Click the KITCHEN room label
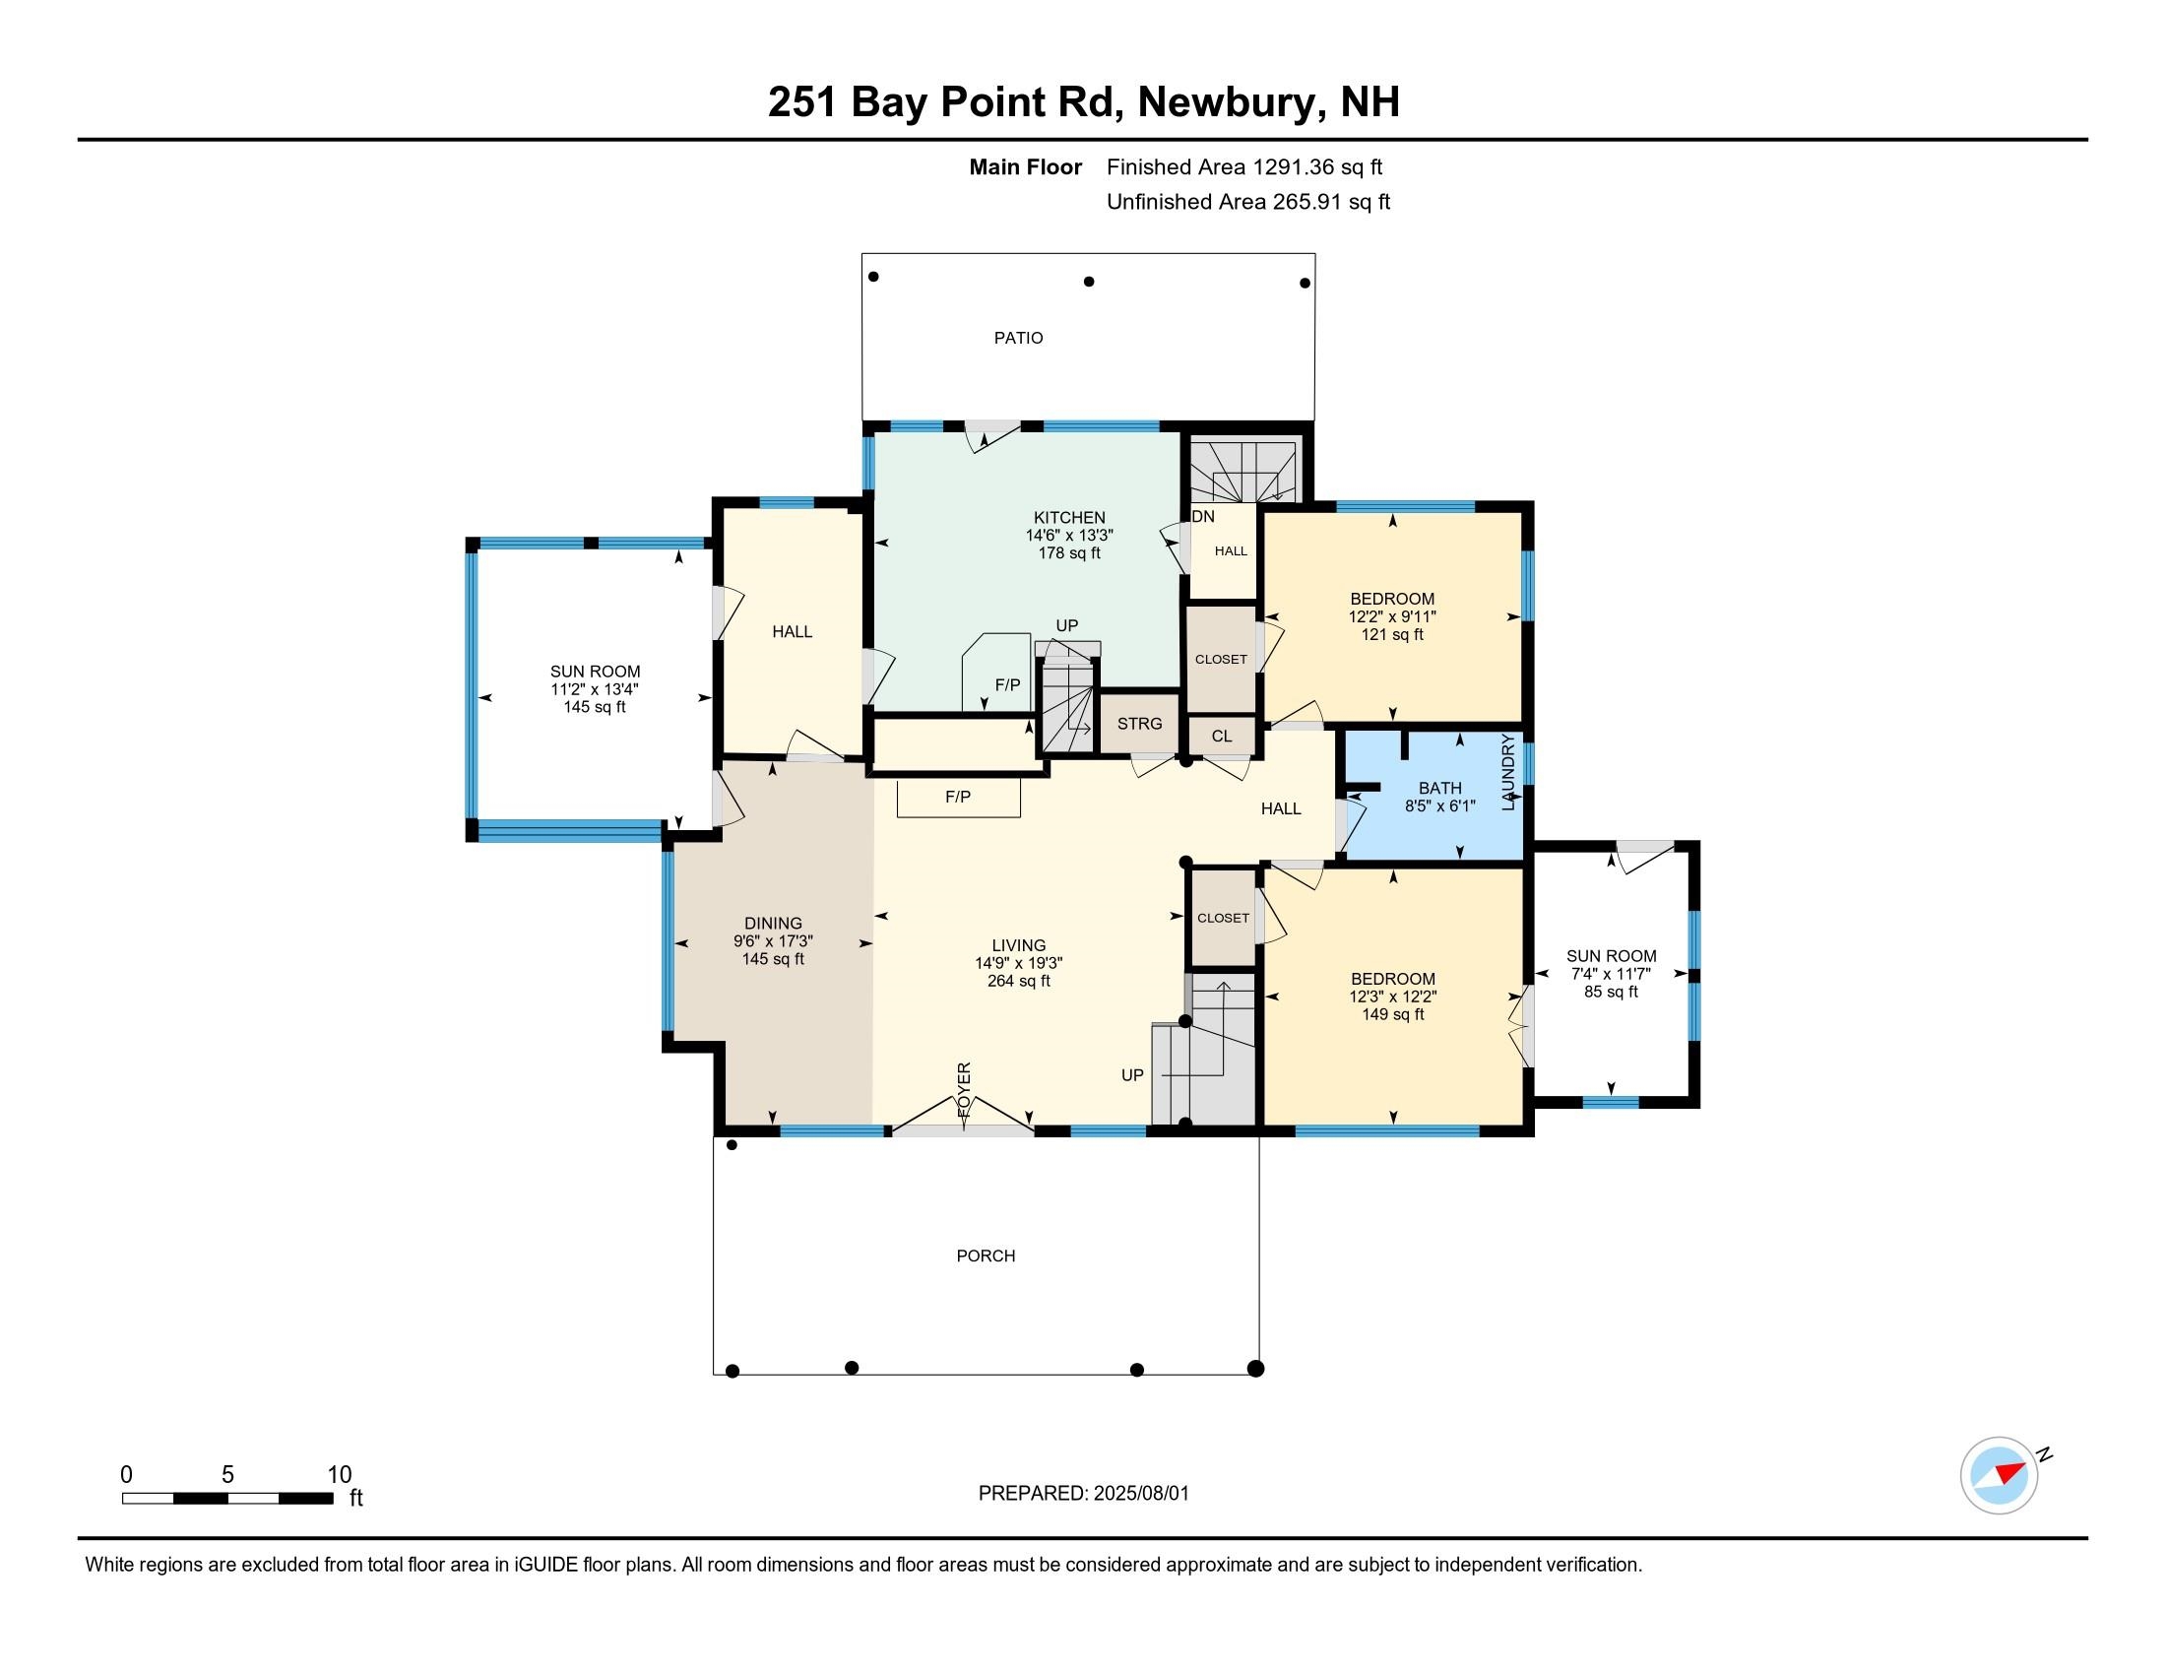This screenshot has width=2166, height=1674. [1069, 517]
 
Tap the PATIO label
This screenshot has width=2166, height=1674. [1019, 338]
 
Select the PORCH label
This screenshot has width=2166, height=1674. [986, 1255]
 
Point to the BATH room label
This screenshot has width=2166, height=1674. [1440, 789]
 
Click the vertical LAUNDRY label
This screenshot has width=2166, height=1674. [1508, 772]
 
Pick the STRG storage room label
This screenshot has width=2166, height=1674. [1139, 724]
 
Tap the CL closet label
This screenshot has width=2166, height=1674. [1222, 736]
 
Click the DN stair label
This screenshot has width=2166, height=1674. [1203, 517]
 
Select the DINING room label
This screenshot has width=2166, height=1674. [774, 924]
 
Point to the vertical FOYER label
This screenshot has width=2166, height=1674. [964, 1090]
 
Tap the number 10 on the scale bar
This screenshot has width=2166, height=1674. [340, 1475]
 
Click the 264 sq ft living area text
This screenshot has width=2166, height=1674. [1019, 981]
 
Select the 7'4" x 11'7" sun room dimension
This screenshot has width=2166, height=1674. [1612, 974]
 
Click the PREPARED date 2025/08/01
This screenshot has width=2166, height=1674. [1140, 1494]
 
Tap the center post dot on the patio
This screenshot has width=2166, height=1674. [1089, 282]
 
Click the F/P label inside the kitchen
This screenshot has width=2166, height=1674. [1007, 685]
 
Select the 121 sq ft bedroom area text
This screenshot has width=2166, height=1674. [1392, 635]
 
